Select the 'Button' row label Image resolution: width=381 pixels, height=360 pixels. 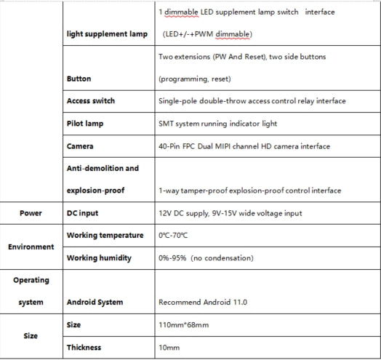[79, 79]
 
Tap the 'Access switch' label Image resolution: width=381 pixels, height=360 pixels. [90, 101]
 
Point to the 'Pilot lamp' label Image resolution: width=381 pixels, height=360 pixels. [85, 124]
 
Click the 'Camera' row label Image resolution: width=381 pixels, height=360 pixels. [80, 146]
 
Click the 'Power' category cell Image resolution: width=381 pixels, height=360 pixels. [31, 213]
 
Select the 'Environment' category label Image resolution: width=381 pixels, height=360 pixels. [31, 247]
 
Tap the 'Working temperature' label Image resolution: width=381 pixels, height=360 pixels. [105, 236]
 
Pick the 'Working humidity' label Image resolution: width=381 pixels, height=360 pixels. [99, 257]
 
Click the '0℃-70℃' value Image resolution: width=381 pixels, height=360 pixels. [173, 236]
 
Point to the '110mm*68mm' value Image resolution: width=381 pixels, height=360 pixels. [182, 324]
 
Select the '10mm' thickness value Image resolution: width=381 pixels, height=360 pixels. [169, 348]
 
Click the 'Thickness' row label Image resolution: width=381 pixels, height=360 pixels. [84, 348]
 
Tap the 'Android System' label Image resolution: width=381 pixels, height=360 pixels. [95, 302]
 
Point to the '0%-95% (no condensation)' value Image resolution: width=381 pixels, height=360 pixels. [206, 257]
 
